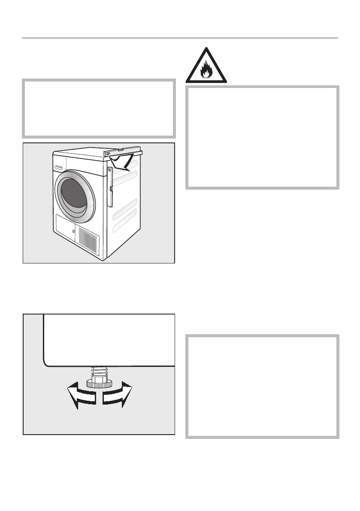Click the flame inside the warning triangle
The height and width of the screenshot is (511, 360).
coord(206,70)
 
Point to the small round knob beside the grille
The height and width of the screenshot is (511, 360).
coord(74,231)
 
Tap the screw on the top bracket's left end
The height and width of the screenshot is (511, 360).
coord(108,153)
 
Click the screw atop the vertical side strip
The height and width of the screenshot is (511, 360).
coord(109,171)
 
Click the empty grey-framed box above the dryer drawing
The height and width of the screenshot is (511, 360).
coord(99,108)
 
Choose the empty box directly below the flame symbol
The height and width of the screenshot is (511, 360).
coord(262,137)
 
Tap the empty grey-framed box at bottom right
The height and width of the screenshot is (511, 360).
coord(262,386)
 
